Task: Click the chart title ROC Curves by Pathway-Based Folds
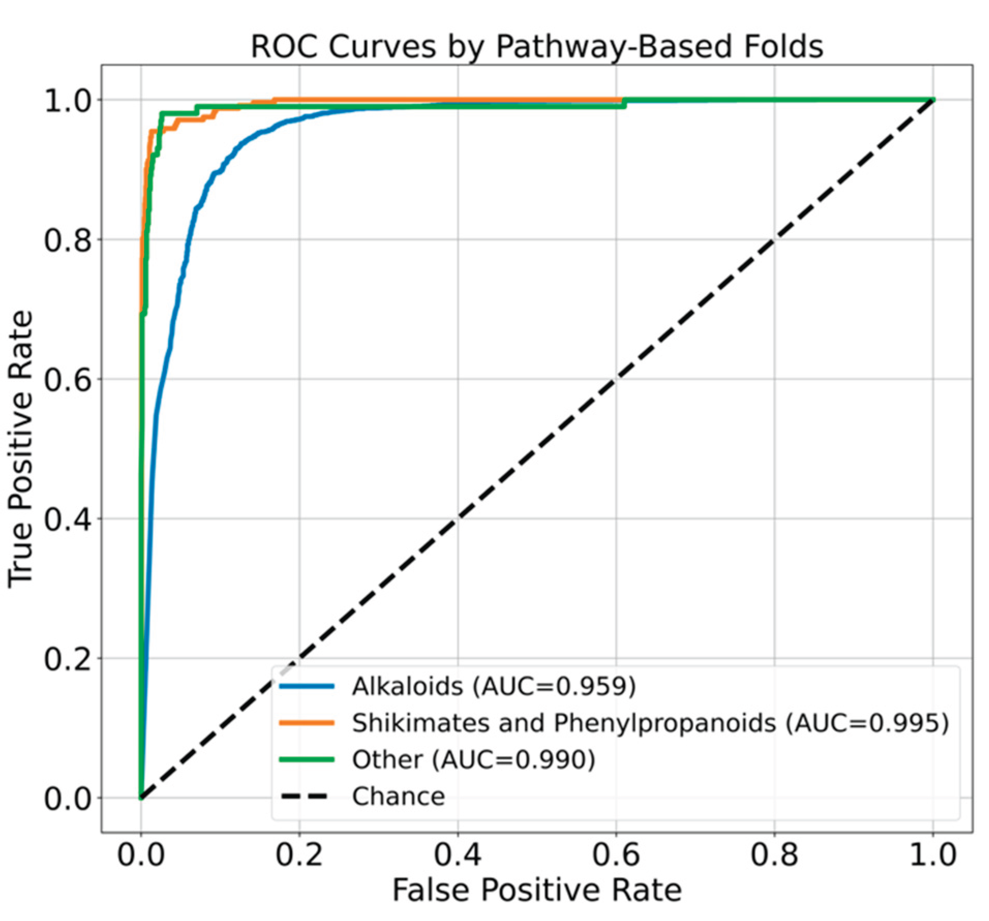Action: pyautogui.click(x=536, y=47)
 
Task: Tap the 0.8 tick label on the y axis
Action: pyautogui.click(x=67, y=240)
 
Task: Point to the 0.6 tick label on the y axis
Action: pyautogui.click(x=67, y=380)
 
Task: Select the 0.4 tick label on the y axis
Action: pyautogui.click(x=67, y=519)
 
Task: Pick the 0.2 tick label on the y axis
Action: pyautogui.click(x=67, y=659)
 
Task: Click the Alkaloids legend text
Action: pyautogui.click(x=494, y=686)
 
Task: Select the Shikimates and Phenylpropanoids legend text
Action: pyautogui.click(x=650, y=723)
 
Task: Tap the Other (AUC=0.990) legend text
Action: pyautogui.click(x=474, y=759)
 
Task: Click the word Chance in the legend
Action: pyautogui.click(x=399, y=796)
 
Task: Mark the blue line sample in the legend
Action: pyautogui.click(x=307, y=686)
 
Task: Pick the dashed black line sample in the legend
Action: pyautogui.click(x=307, y=796)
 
